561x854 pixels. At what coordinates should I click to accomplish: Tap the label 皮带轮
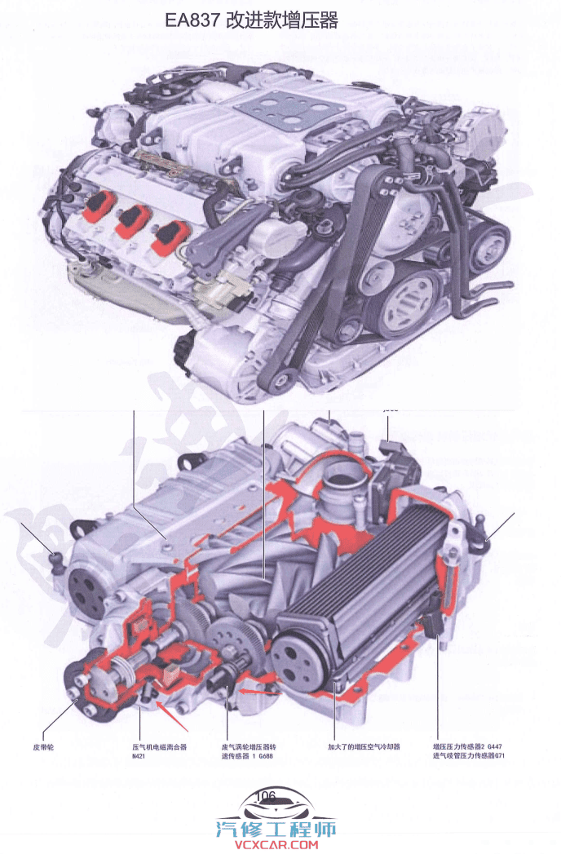48,746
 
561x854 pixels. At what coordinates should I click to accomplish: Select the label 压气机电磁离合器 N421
160,750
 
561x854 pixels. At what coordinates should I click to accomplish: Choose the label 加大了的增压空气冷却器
364,746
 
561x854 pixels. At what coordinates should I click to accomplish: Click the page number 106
266,794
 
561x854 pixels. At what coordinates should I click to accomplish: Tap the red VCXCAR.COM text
280,846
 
